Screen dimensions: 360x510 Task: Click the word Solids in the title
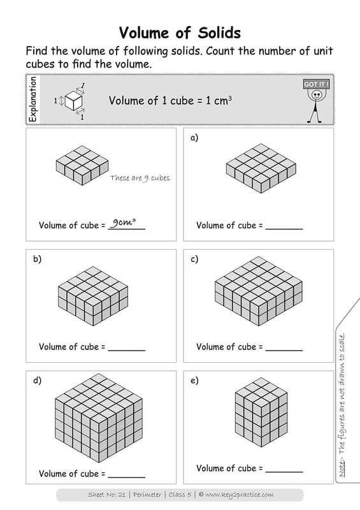[219, 33]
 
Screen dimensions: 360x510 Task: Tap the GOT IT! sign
[317, 84]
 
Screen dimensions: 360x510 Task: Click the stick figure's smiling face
[317, 95]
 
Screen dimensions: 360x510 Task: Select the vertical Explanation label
[33, 99]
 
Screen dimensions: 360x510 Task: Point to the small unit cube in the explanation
[73, 101]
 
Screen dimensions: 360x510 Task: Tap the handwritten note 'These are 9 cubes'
[140, 178]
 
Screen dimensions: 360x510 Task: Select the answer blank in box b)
[127, 350]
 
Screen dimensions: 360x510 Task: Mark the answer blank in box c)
[284, 350]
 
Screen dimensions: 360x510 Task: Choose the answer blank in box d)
[127, 477]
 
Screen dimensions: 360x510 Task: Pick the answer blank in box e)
[284, 472]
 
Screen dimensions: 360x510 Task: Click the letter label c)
[194, 259]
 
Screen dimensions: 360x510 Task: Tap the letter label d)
[37, 380]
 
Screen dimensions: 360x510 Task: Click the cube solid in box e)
[261, 412]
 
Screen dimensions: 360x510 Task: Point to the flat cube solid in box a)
[261, 168]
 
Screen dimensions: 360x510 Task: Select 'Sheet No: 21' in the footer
[106, 495]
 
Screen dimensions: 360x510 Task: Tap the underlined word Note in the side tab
[342, 469]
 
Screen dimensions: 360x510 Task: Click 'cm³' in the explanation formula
[223, 100]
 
